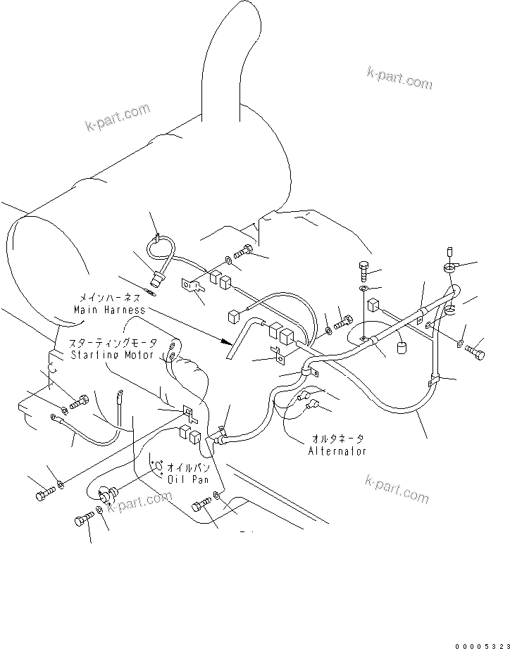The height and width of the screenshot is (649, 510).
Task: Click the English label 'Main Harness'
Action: coord(109,310)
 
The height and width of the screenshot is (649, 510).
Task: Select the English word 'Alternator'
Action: coord(337,451)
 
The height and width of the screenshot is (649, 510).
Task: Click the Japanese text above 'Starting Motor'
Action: coord(112,344)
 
